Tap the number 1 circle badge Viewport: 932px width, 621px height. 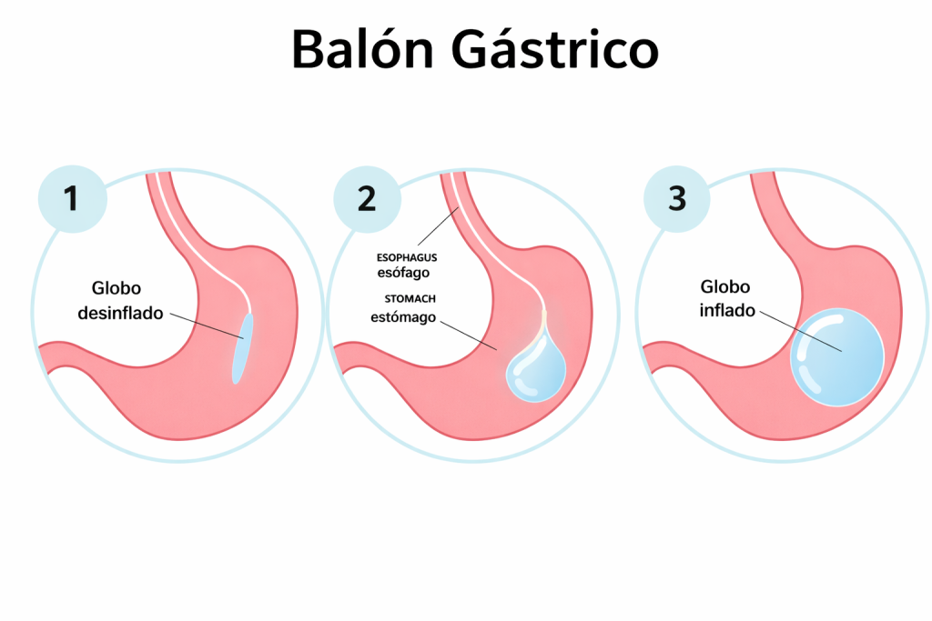[71, 199]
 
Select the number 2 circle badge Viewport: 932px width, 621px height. [366, 199]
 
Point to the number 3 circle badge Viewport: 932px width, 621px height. [676, 199]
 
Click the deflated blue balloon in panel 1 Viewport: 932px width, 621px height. [241, 347]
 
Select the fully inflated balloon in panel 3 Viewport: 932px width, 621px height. [836, 357]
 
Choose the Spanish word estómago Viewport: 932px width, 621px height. [404, 317]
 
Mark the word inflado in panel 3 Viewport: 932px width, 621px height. [727, 310]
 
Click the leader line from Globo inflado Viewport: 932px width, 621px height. [800, 333]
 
